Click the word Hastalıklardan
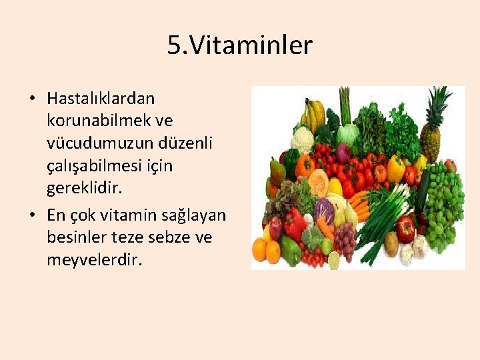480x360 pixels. pyautogui.click(x=101, y=99)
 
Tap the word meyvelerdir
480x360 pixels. pyautogui.click(x=95, y=259)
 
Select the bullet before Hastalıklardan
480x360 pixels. pyautogui.click(x=32, y=99)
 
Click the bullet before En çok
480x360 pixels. pyautogui.click(x=32, y=216)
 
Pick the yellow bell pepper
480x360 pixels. pyautogui.click(x=396, y=169)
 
